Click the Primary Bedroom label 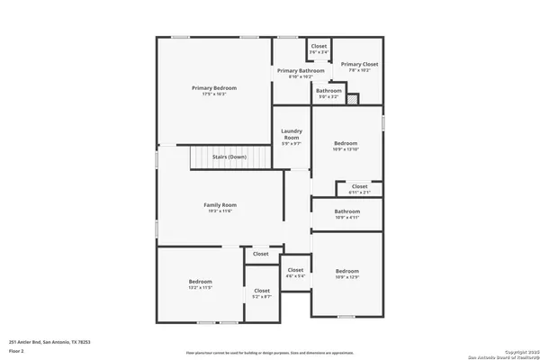point(214,87)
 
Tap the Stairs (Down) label point(229,157)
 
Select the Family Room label point(220,205)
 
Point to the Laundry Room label point(291,135)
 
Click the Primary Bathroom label point(301,70)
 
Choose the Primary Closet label point(359,65)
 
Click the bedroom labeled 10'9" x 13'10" point(346,143)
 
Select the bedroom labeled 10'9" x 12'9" point(347,271)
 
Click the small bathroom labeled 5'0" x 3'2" point(328,91)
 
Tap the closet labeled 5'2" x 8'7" point(262,291)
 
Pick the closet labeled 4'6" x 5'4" point(295,270)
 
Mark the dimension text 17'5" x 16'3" point(214,94)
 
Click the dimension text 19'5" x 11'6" point(220,211)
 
